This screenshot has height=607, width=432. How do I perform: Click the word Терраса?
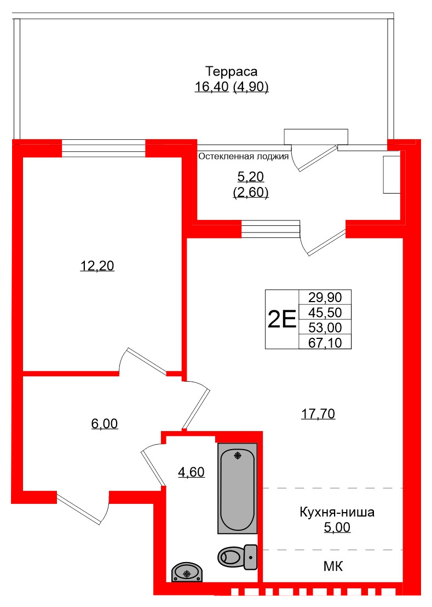click(x=231, y=71)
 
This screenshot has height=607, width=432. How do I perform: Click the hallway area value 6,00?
click(x=104, y=423)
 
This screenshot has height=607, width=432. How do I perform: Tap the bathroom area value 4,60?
click(x=191, y=471)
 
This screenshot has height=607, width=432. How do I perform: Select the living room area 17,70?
click(x=318, y=413)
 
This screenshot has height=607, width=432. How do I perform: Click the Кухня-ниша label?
click(x=337, y=513)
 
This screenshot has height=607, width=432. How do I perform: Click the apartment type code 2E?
click(x=281, y=319)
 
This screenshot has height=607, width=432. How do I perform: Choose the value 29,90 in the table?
click(x=325, y=297)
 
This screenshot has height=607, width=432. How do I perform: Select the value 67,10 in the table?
click(x=325, y=343)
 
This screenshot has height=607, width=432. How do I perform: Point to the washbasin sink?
click(x=187, y=572)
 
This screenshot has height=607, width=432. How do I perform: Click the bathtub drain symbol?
click(x=237, y=455)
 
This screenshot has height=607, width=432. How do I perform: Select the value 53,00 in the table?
click(x=325, y=328)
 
